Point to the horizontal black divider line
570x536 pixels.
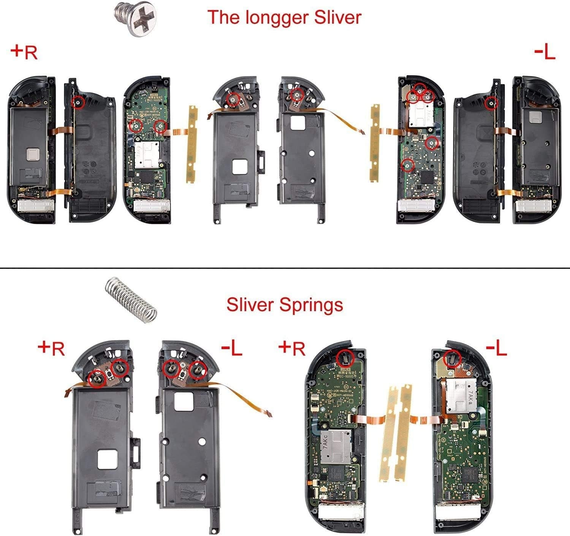click(x=285, y=268)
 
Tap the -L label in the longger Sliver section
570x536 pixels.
click(x=545, y=52)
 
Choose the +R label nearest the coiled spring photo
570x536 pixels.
click(x=52, y=348)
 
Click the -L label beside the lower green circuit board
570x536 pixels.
click(x=496, y=348)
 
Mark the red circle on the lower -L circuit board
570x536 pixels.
click(x=452, y=357)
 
